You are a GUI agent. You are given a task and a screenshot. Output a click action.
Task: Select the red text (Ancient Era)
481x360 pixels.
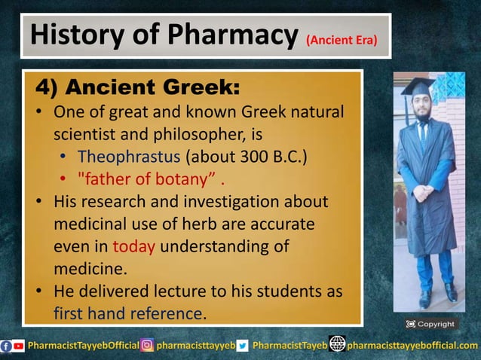click(x=342, y=39)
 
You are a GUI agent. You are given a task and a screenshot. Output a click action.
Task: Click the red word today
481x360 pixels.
click(x=133, y=247)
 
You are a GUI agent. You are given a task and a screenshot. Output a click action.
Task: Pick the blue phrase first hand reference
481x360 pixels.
click(x=128, y=313)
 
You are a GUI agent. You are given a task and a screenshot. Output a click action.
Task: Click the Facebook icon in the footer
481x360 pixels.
click(x=7, y=346)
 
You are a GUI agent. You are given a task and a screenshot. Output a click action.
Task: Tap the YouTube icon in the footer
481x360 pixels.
click(x=19, y=346)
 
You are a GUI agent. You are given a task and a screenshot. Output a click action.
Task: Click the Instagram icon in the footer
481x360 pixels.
click(x=148, y=346)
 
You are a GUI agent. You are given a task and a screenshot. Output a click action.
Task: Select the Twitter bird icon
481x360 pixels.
click(x=243, y=346)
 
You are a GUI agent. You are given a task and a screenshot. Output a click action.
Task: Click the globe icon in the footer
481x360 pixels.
click(x=337, y=345)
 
